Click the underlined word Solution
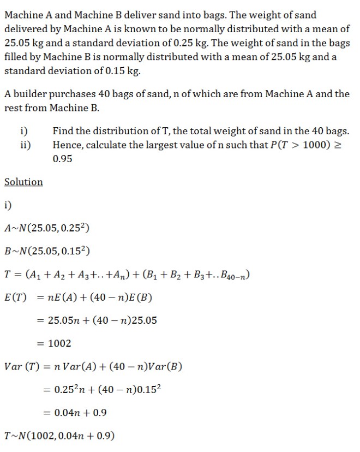point(23,182)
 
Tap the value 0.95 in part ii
point(63,159)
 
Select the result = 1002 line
point(55,343)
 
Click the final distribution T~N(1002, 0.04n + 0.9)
point(59,436)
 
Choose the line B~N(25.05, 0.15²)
point(47,251)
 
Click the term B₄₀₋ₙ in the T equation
point(235,275)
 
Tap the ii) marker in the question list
point(25,145)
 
